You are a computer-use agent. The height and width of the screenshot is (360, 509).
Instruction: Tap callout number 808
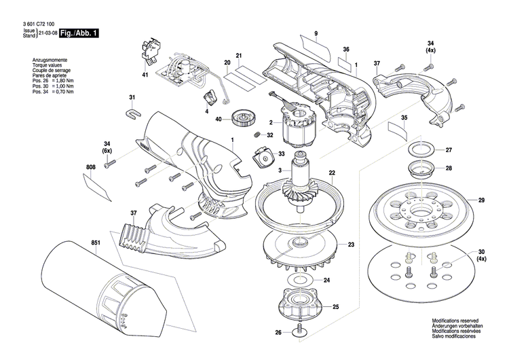tap(91, 166)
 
